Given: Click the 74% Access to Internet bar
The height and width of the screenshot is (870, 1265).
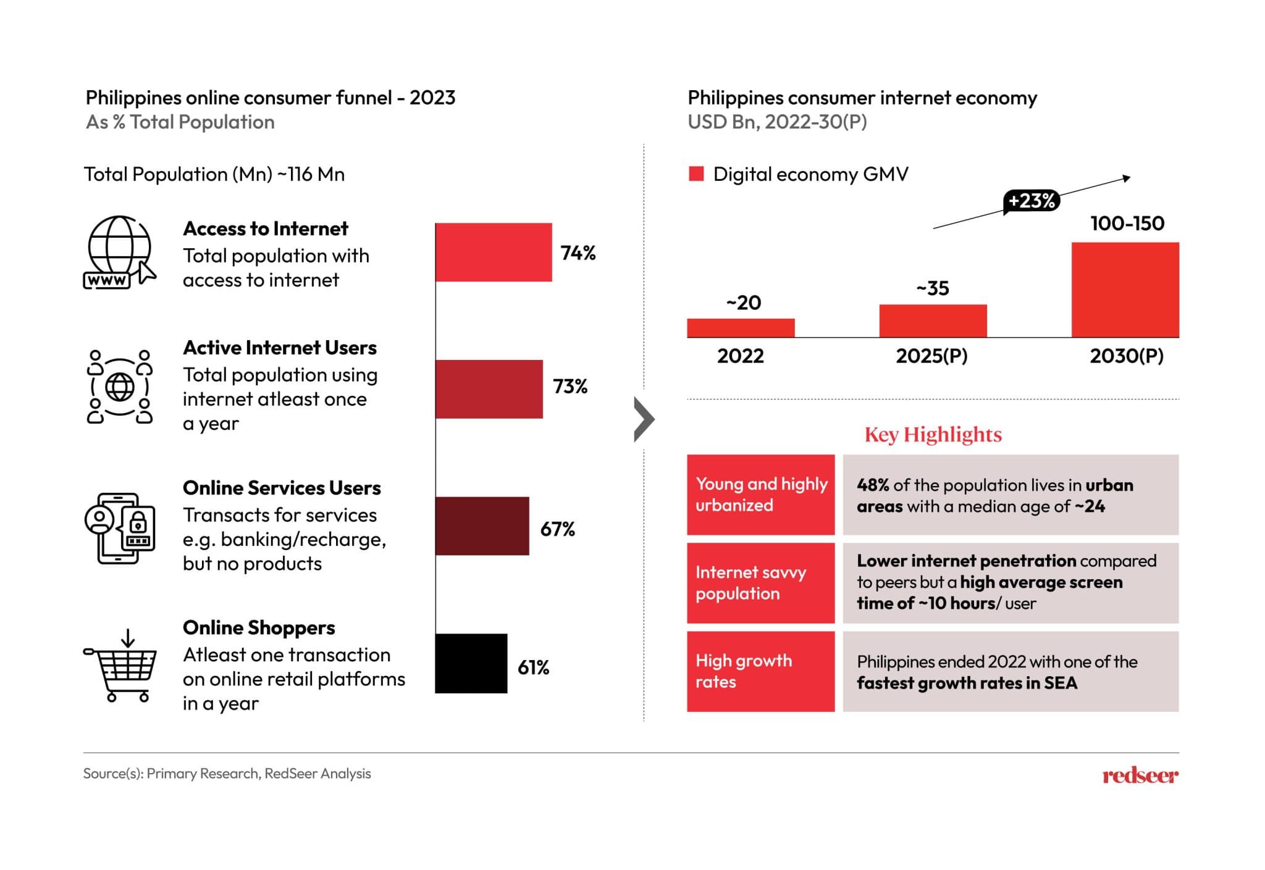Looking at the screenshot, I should pyautogui.click(x=494, y=252).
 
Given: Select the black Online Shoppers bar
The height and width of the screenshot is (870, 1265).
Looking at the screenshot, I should pyautogui.click(x=471, y=663).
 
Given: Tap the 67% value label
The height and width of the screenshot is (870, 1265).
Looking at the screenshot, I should pyautogui.click(x=557, y=529).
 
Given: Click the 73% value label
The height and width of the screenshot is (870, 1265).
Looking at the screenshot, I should pyautogui.click(x=569, y=387).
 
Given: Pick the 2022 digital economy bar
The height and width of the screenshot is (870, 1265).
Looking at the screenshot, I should pyautogui.click(x=741, y=328).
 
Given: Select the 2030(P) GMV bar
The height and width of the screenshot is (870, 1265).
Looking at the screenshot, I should pyautogui.click(x=1125, y=290).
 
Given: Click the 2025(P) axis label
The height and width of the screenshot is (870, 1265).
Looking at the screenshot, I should pyautogui.click(x=931, y=356).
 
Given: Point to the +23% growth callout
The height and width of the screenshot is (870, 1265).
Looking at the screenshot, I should pyautogui.click(x=1031, y=201).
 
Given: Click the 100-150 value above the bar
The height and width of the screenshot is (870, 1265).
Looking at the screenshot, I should pyautogui.click(x=1127, y=224).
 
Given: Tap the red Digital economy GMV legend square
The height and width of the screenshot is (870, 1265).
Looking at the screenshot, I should pyautogui.click(x=696, y=174).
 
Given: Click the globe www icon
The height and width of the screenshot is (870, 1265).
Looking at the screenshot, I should pyautogui.click(x=119, y=252).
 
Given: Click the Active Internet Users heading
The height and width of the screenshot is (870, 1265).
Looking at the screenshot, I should pyautogui.click(x=280, y=348).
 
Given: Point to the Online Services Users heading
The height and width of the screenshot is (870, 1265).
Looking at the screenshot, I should pyautogui.click(x=282, y=488).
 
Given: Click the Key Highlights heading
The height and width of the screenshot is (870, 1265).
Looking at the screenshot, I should pyautogui.click(x=933, y=435).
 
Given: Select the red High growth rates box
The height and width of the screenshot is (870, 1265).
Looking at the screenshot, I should pyautogui.click(x=760, y=671).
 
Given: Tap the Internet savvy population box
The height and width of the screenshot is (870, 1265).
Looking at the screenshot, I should pyautogui.click(x=760, y=583).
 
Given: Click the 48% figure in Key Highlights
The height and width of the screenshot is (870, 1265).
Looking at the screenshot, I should pyautogui.click(x=872, y=485).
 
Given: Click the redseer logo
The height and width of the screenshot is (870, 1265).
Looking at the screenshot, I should pyautogui.click(x=1140, y=776).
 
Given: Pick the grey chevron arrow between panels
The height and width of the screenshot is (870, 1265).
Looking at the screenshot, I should pyautogui.click(x=644, y=420).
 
